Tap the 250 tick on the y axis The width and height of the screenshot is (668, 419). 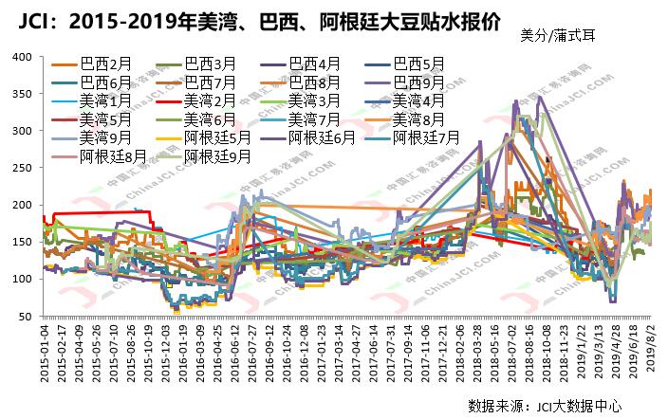pos(24,168)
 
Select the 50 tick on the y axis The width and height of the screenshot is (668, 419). pos(28,316)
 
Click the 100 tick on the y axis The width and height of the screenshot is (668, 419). pos(24,279)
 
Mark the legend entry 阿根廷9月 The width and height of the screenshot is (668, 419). pos(218,154)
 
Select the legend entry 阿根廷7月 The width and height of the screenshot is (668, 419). pos(425,137)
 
